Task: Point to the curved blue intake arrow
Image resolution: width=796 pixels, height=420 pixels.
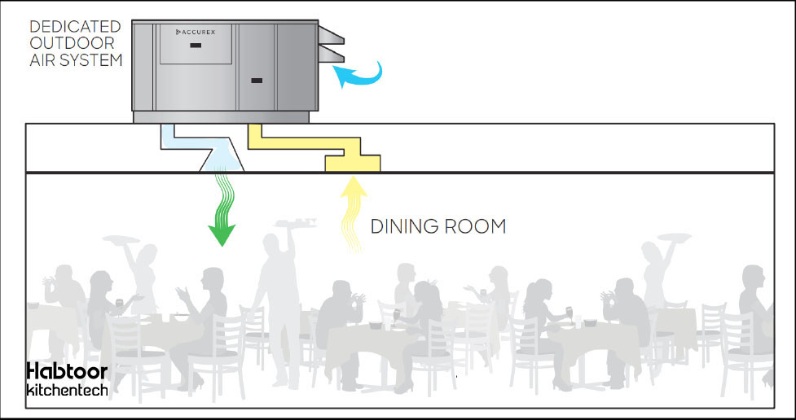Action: (358, 76)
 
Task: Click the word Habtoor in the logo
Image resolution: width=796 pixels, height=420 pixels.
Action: (66, 371)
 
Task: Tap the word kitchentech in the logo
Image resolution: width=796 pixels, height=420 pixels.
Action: (66, 390)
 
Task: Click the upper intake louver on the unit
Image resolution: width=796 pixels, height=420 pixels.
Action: (332, 34)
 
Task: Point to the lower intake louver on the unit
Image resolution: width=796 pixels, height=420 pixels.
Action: (332, 55)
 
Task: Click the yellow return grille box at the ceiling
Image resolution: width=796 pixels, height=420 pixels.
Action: (353, 163)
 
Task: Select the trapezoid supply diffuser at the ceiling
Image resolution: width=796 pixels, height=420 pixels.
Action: (222, 161)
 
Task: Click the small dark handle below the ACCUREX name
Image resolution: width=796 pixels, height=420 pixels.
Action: (196, 46)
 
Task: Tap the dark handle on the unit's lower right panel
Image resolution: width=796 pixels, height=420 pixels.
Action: (257, 80)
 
